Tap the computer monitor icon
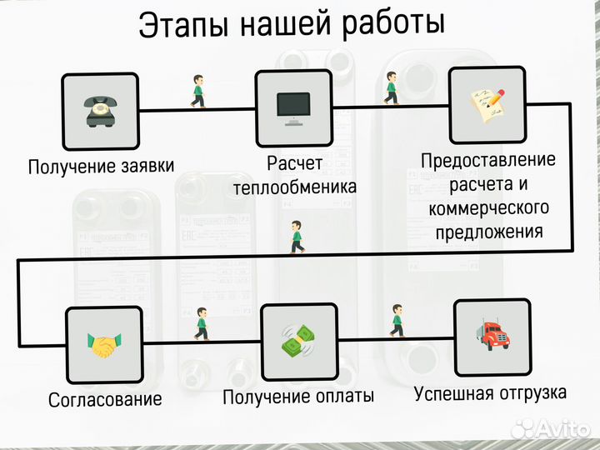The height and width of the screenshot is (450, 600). pyautogui.click(x=292, y=108)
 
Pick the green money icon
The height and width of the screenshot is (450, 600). pyautogui.click(x=299, y=341)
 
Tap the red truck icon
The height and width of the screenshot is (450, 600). pyautogui.click(x=492, y=337)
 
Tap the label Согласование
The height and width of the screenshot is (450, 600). pyautogui.click(x=105, y=398)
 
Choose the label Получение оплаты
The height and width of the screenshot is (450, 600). pyautogui.click(x=298, y=396)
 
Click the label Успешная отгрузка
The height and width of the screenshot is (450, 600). pyautogui.click(x=491, y=392)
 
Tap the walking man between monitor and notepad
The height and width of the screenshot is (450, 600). pyautogui.click(x=392, y=87)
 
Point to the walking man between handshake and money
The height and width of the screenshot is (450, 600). pyautogui.click(x=201, y=323)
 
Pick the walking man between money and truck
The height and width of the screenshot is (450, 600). pyautogui.click(x=397, y=320)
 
